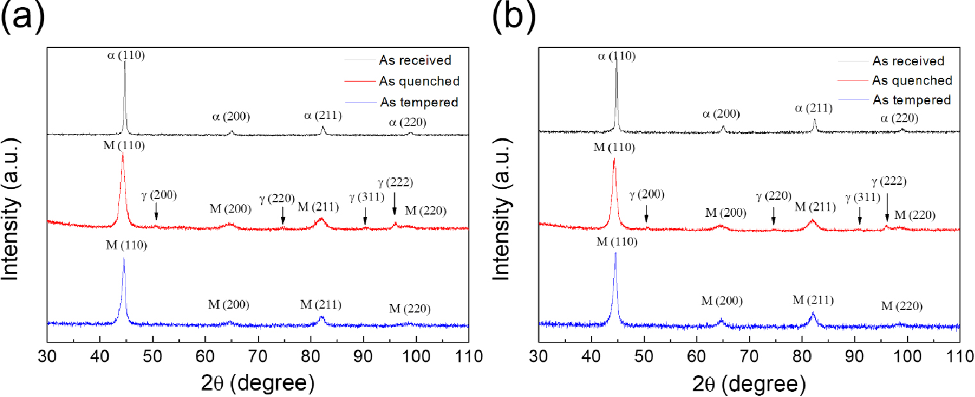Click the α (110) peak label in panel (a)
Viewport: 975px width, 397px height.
pyautogui.click(x=125, y=55)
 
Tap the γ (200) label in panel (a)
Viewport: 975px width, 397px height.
pyautogui.click(x=158, y=195)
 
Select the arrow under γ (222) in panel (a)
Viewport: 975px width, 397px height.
pyautogui.click(x=394, y=205)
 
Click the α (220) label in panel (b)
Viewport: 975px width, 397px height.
pyautogui.click(x=900, y=118)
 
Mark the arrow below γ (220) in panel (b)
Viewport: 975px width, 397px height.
pyautogui.click(x=774, y=216)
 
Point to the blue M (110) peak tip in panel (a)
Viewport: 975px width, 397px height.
pyautogui.click(x=124, y=259)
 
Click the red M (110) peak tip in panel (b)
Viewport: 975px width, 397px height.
pyautogui.click(x=614, y=159)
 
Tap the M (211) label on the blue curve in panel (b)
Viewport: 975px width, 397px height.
pyautogui.click(x=813, y=300)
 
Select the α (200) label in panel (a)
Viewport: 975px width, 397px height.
pyautogui.click(x=231, y=117)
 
